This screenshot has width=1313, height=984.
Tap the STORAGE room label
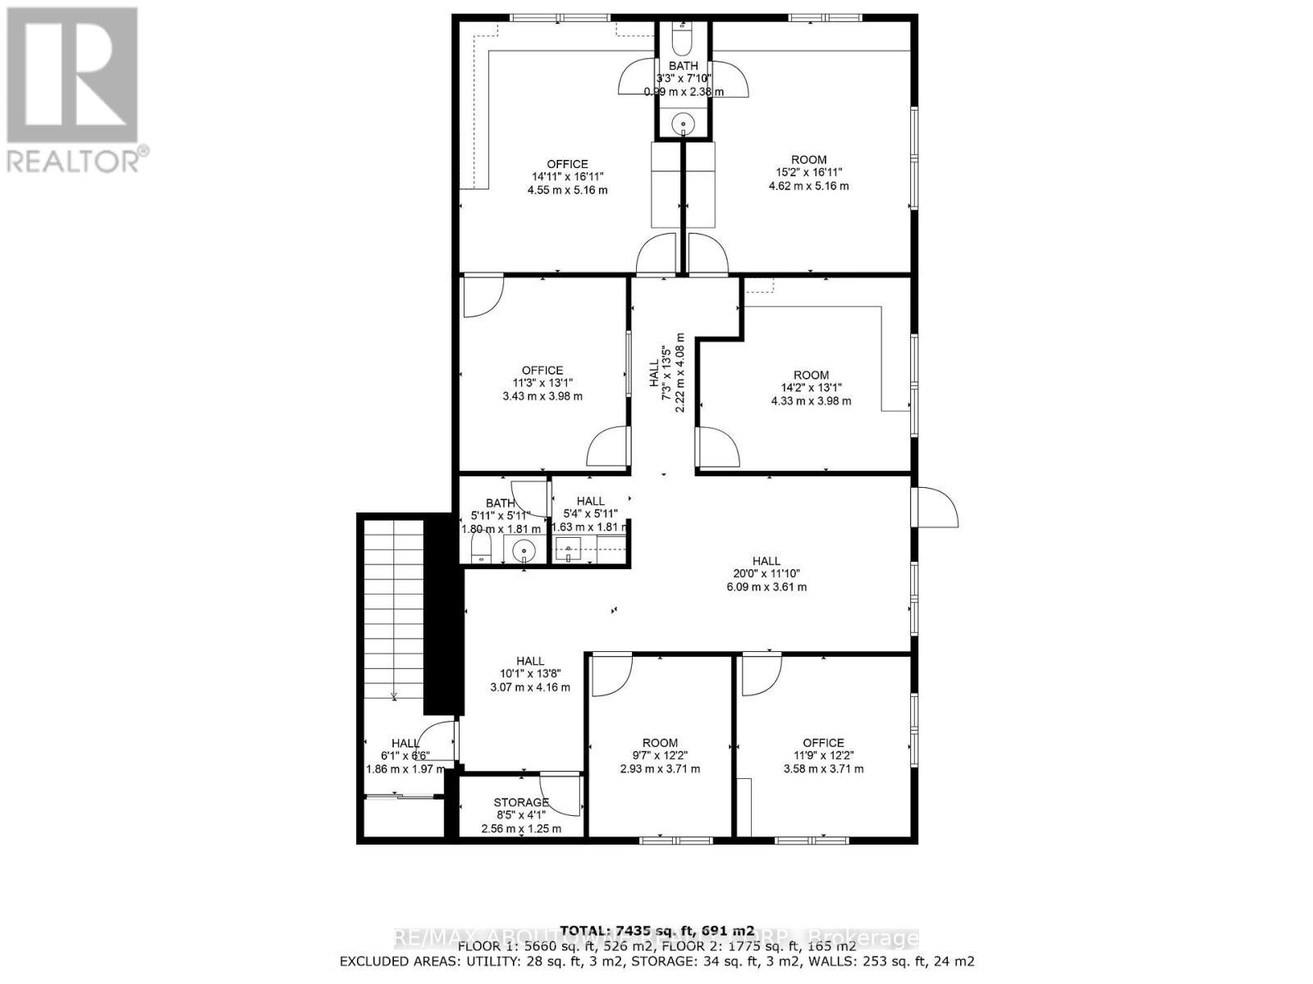click(x=521, y=802)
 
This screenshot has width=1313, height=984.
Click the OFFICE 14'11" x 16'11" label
click(x=568, y=176)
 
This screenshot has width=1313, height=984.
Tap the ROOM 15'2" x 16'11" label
click(x=808, y=172)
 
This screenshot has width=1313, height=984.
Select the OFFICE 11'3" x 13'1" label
click(x=542, y=383)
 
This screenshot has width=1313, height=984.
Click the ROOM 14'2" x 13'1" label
click(x=811, y=388)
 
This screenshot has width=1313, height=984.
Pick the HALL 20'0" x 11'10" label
click(x=766, y=574)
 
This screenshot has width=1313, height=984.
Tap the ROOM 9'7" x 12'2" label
click(x=660, y=756)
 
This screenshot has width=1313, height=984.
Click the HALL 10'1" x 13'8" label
click(x=530, y=674)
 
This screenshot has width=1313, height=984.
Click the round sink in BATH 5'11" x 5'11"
click(x=522, y=552)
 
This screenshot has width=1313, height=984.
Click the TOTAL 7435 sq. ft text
click(x=656, y=931)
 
